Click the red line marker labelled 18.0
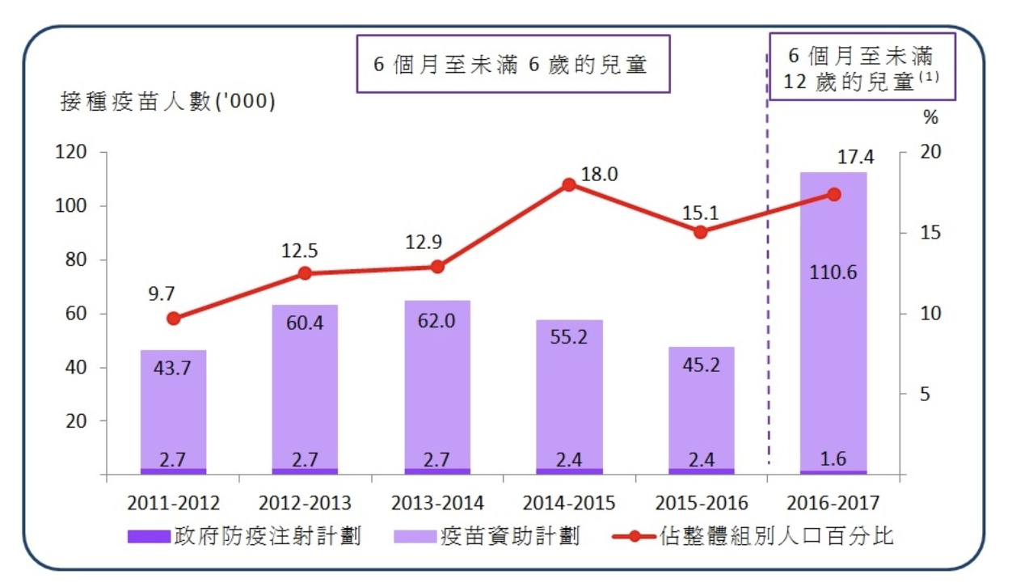pyautogui.click(x=569, y=184)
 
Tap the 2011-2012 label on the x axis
pyautogui.click(x=173, y=503)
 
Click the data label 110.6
pyautogui.click(x=833, y=272)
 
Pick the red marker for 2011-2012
pyautogui.click(x=173, y=319)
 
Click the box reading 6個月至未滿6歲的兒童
pyautogui.click(x=513, y=65)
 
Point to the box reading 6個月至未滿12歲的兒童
pyautogui.click(x=861, y=68)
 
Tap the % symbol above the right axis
pyautogui.click(x=931, y=118)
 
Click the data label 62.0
pyautogui.click(x=437, y=321)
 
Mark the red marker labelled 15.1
pyautogui.click(x=701, y=232)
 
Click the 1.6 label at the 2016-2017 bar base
pyautogui.click(x=833, y=459)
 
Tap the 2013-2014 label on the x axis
pyautogui.click(x=437, y=503)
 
